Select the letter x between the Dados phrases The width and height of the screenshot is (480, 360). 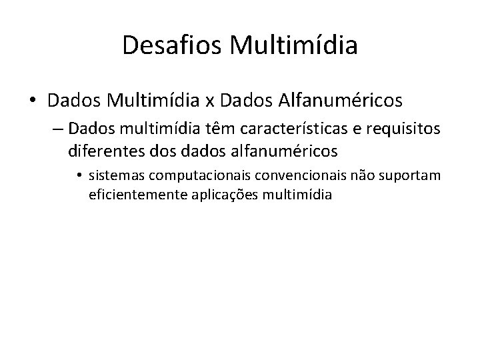tap(209, 101)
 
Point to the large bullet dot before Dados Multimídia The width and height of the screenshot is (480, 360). tap(33, 102)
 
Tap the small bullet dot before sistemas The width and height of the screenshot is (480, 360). tap(79, 175)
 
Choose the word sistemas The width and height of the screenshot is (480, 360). tap(113, 175)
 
